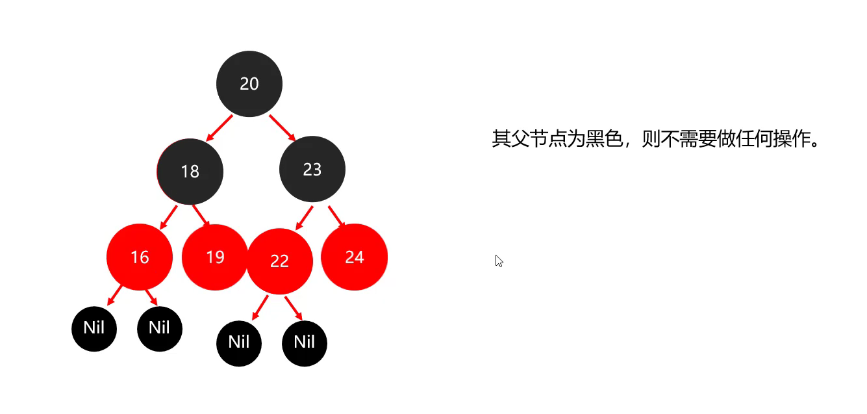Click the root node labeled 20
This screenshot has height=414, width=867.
point(249,84)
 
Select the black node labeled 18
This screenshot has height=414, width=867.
point(190,172)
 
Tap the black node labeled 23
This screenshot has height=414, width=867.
point(312,169)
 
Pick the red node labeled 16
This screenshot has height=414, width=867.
point(140,257)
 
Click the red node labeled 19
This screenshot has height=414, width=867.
point(215,257)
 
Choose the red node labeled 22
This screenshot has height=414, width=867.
point(280,261)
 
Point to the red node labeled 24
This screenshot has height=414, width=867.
point(355,257)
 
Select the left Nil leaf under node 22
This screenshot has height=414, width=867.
point(239,343)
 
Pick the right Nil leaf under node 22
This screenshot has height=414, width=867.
point(305,343)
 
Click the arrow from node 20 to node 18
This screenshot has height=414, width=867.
point(219,128)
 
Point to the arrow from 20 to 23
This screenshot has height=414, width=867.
point(283,127)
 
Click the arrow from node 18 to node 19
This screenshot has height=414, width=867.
point(201,216)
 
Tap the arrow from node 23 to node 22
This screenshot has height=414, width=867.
point(304,218)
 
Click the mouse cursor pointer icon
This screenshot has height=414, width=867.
point(499,261)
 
